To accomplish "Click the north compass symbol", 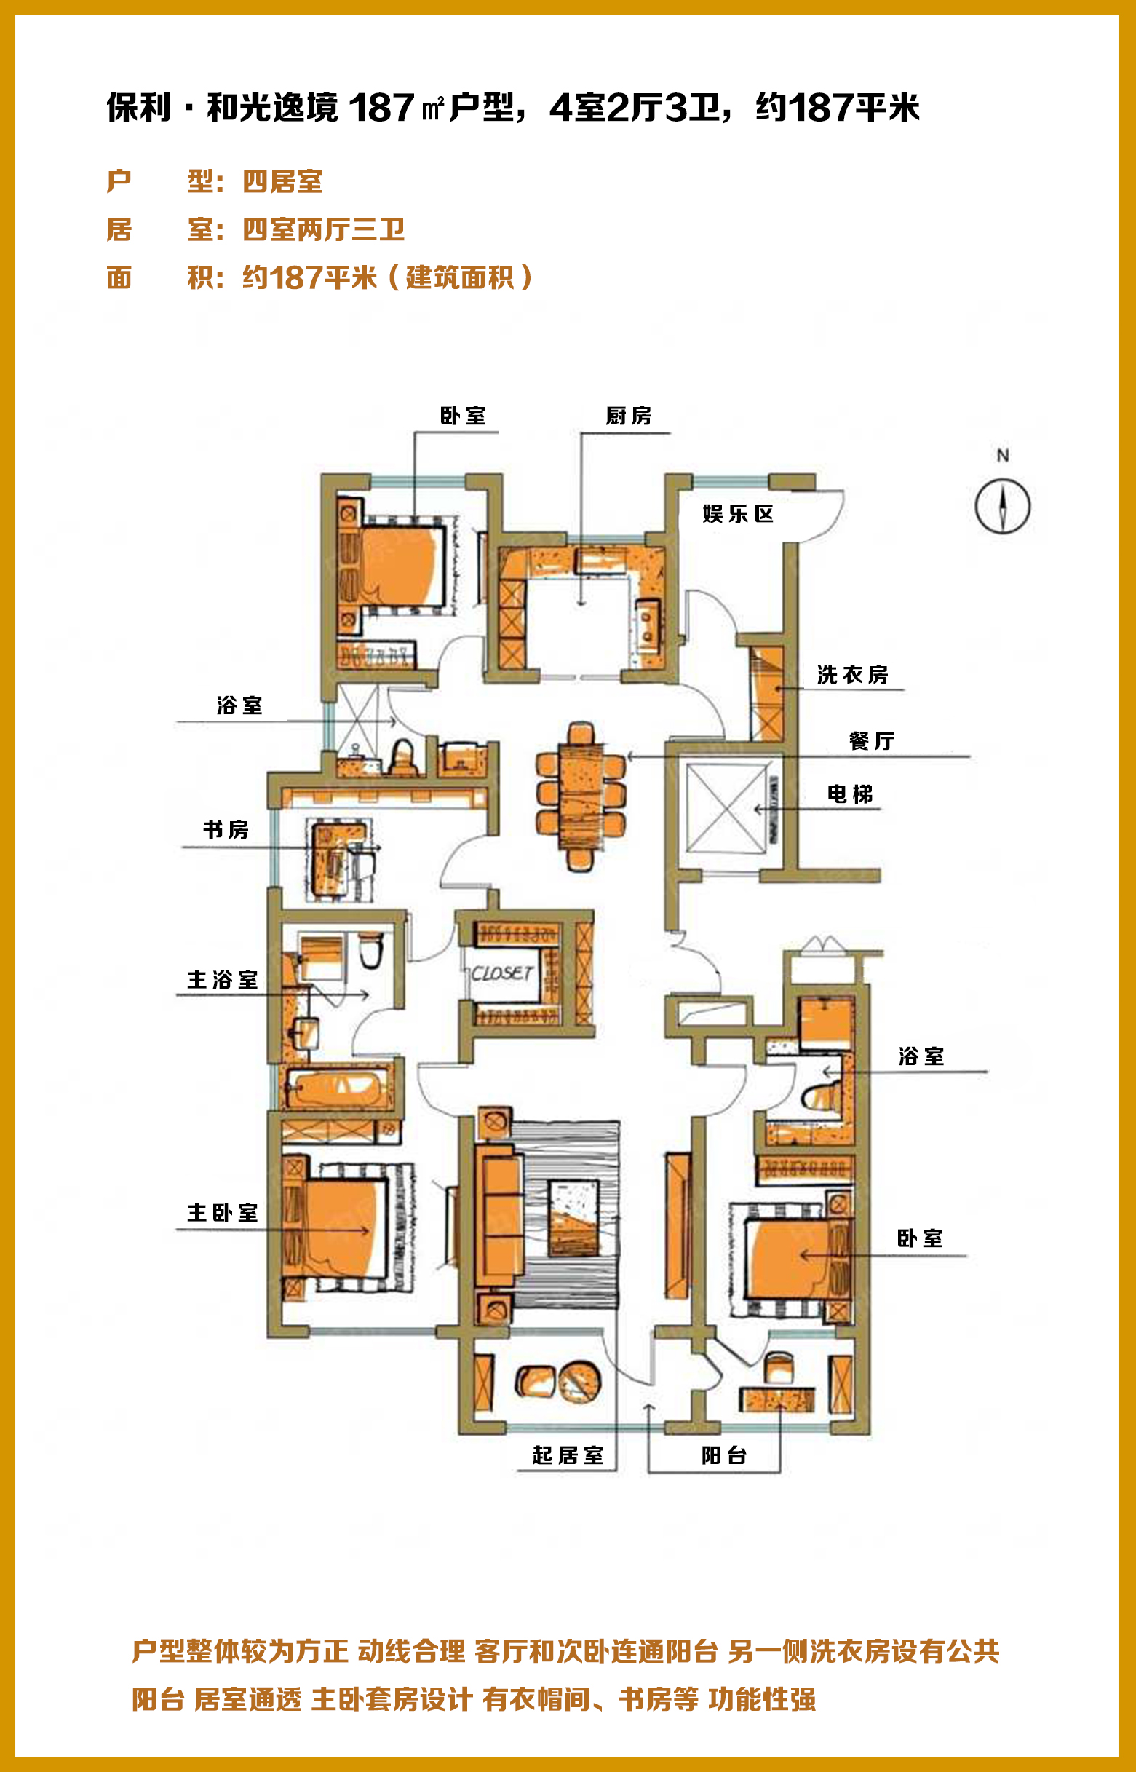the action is [x=1003, y=506].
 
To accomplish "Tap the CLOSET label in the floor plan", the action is [x=502, y=973].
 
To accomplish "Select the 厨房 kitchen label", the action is [x=629, y=416].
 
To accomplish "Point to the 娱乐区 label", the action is [x=738, y=513].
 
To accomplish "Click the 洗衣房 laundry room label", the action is [x=852, y=674].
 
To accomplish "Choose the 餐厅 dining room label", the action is [x=871, y=740].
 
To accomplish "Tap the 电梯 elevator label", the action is [x=850, y=794].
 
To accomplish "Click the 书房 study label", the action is [x=226, y=830].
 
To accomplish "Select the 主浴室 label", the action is [x=222, y=980].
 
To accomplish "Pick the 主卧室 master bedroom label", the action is [x=222, y=1213].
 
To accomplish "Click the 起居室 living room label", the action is [x=567, y=1455].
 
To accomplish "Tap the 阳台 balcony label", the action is [x=723, y=1455].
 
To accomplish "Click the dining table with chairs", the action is [x=581, y=796].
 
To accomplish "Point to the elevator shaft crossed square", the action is [x=726, y=808].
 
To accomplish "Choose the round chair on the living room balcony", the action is [x=580, y=1382].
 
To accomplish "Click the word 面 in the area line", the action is [x=119, y=278].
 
